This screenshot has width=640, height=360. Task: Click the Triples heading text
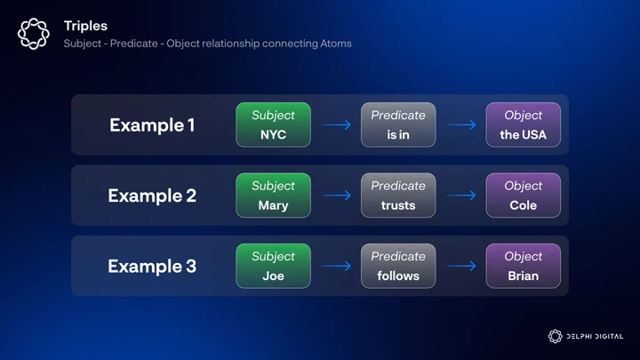85,26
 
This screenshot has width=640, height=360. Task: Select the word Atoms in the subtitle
336,44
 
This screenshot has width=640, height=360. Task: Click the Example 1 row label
152,125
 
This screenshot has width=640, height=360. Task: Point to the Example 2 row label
152,196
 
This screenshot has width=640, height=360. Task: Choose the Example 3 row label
152,266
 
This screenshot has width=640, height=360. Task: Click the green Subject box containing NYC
274,125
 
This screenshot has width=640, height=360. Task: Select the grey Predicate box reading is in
398,125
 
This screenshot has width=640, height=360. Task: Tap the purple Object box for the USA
524,125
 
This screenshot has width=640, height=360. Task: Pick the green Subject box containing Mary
274,196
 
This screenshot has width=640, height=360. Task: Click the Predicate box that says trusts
398,196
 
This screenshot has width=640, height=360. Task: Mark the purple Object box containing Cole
524,196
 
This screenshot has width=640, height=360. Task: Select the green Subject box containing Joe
274,266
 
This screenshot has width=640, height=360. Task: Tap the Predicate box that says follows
398,266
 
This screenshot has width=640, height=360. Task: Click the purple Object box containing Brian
524,266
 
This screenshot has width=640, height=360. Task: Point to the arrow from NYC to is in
337,124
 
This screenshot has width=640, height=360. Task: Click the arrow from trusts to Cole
461,195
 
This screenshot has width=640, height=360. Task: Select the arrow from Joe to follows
337,266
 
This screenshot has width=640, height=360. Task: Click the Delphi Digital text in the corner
595,336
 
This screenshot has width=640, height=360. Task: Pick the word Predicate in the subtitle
134,44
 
